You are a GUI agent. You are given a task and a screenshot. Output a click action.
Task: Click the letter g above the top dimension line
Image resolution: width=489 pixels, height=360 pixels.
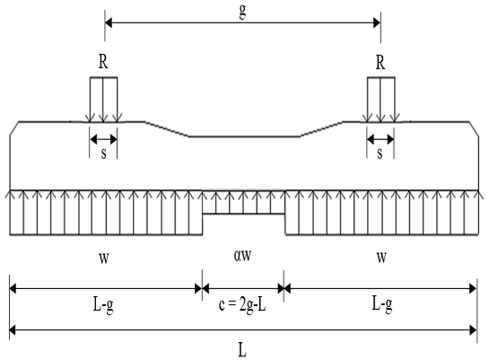(x=242, y=12)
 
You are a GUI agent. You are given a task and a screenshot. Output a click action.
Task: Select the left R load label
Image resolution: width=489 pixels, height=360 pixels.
(x=103, y=62)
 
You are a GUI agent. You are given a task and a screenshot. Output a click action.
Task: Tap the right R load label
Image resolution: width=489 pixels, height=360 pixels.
(x=380, y=62)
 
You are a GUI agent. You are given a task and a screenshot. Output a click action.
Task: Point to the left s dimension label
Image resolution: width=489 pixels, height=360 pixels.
(x=103, y=154)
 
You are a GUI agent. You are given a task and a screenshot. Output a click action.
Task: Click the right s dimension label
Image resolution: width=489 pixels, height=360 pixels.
(x=380, y=154)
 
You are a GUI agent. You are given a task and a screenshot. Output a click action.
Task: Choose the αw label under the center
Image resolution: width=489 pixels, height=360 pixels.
(x=242, y=256)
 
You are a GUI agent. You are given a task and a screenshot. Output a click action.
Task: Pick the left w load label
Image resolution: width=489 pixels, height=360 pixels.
(x=104, y=258)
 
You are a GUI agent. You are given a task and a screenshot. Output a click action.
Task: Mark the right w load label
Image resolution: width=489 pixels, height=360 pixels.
(x=381, y=258)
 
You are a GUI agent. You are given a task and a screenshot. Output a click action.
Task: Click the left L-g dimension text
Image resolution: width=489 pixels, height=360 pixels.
(x=103, y=304)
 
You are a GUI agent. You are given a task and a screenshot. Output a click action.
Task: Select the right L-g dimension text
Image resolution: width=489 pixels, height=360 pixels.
(x=382, y=303)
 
